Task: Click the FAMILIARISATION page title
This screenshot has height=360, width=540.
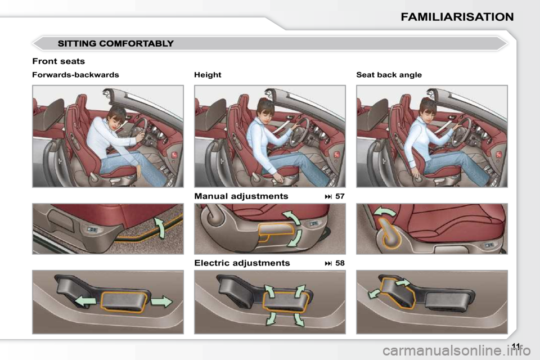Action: [457, 17]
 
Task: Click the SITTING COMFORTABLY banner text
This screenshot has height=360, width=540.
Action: [116, 44]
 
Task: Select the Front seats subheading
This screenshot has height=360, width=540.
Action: [58, 61]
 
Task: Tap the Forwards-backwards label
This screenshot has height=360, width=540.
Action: [75, 75]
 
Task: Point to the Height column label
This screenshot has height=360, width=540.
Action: [208, 75]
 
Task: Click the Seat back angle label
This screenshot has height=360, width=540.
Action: [389, 75]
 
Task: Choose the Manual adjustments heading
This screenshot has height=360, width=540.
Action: [241, 196]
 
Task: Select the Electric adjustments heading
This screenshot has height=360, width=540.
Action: [242, 263]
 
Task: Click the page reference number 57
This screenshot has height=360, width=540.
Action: [340, 196]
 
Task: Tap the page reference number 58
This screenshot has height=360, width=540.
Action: [340, 263]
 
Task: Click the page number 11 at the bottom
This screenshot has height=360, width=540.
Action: [516, 346]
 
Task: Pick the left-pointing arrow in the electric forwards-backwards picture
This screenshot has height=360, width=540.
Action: [85, 301]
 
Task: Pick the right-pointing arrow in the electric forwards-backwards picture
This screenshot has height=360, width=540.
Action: [161, 301]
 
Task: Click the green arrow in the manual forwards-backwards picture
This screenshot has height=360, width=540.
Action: [160, 227]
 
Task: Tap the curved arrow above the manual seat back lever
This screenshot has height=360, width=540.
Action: [386, 211]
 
